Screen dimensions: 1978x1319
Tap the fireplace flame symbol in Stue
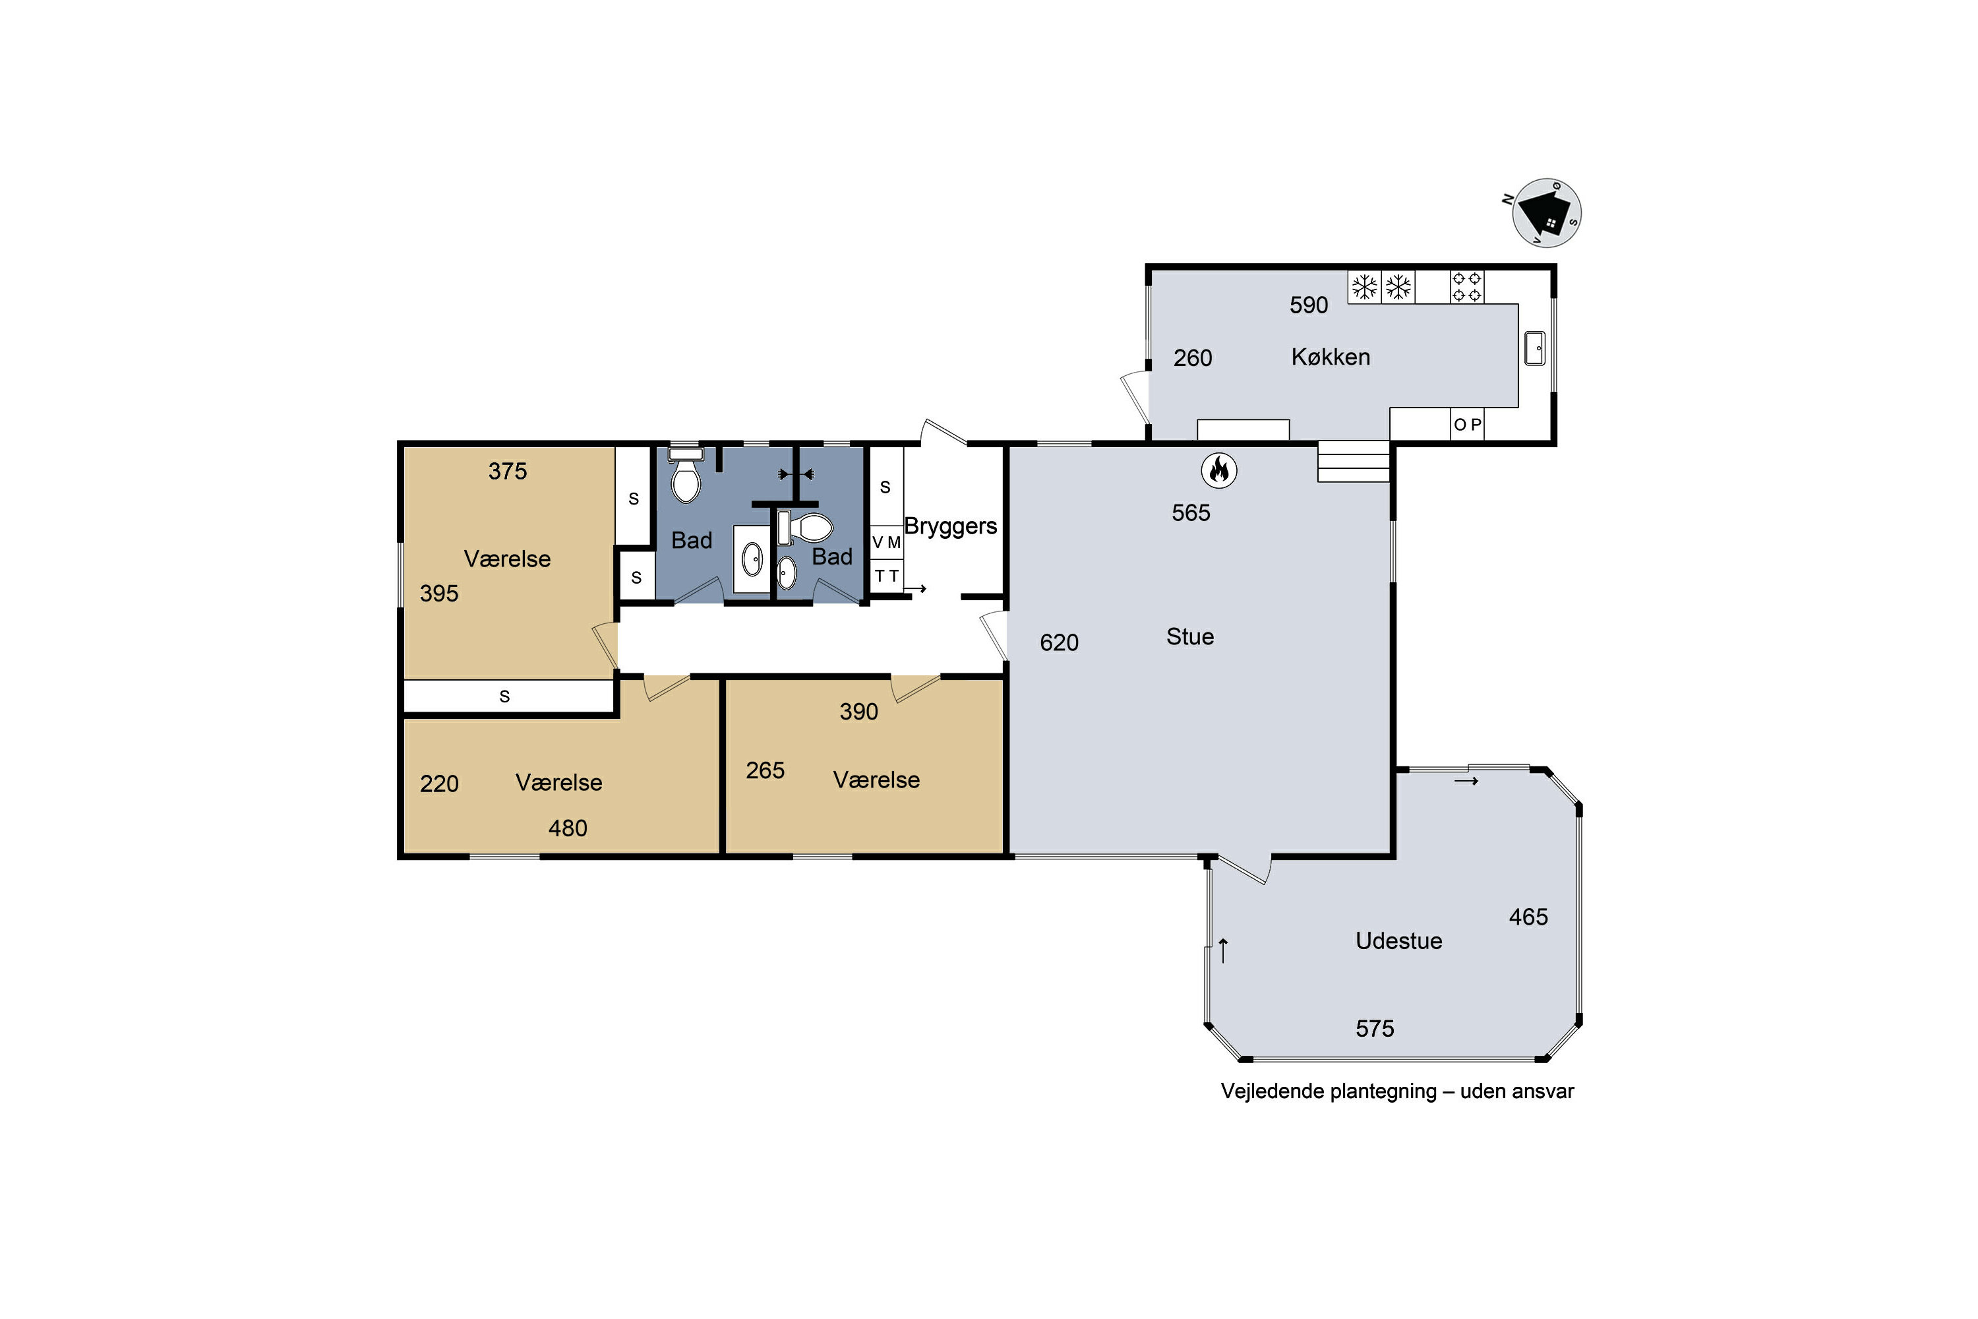pos(1218,470)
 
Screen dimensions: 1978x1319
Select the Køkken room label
pos(1331,357)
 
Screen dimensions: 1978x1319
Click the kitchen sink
pos(1535,348)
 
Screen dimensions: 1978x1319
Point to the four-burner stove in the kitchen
pos(1466,287)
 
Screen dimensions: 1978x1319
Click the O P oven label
pos(1468,425)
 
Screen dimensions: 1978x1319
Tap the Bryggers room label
pos(950,526)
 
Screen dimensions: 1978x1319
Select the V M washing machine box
pos(886,543)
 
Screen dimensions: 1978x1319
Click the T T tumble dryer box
pos(886,576)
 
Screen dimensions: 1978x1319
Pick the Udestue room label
pos(1398,941)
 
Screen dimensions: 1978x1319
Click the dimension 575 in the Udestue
pos(1375,1029)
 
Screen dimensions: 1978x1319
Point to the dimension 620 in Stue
pos(1059,642)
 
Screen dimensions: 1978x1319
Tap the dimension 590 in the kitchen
pos(1309,305)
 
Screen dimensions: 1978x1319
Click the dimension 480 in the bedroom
pos(568,828)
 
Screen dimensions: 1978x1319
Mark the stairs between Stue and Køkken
pos(1353,462)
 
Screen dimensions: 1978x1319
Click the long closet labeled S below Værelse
pos(508,696)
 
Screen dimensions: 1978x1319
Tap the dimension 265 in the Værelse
pos(765,770)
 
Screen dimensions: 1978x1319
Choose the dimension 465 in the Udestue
pos(1528,917)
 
